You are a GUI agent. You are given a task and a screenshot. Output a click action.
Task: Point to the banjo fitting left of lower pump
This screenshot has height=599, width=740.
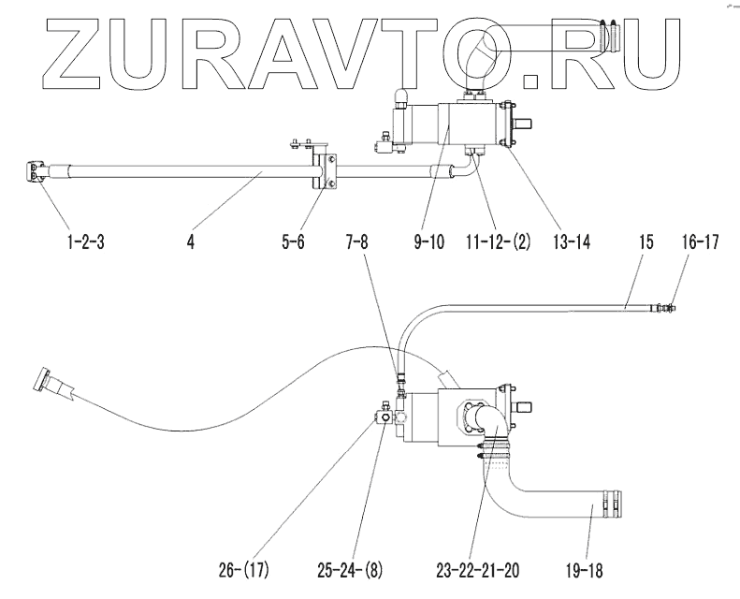coord(384,412)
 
